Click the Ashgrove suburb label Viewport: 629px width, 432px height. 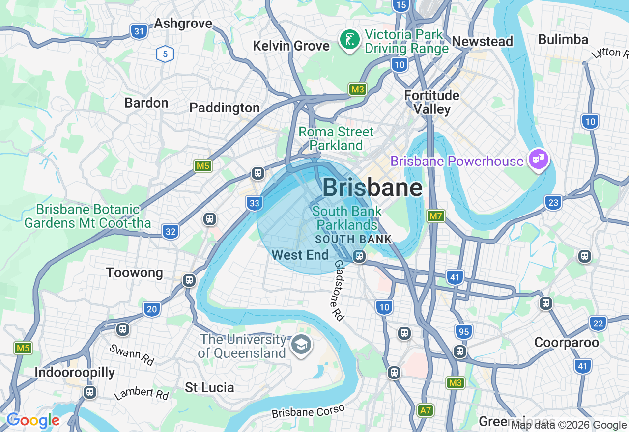coord(183,23)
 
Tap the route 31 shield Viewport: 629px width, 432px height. coord(140,32)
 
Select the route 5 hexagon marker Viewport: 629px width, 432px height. coord(165,54)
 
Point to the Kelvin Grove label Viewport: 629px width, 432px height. coord(291,46)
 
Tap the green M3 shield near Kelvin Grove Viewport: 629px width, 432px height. coord(358,89)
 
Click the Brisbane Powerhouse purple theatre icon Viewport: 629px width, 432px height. coord(539,159)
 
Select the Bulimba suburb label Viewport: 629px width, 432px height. coord(563,39)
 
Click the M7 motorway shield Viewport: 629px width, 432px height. coord(435,216)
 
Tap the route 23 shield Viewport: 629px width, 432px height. coord(553,202)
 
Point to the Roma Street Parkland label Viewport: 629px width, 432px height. coord(336,138)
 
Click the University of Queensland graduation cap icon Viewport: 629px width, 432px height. coord(301,345)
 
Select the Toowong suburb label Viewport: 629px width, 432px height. coord(134,272)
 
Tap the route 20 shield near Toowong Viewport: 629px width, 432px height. coord(152,309)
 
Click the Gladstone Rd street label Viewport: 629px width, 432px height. coord(338,291)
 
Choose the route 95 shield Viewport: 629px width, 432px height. coord(463,332)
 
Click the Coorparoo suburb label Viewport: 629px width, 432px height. coord(566,342)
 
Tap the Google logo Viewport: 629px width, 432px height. coord(33,421)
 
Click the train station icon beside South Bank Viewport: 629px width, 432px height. coord(359,256)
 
